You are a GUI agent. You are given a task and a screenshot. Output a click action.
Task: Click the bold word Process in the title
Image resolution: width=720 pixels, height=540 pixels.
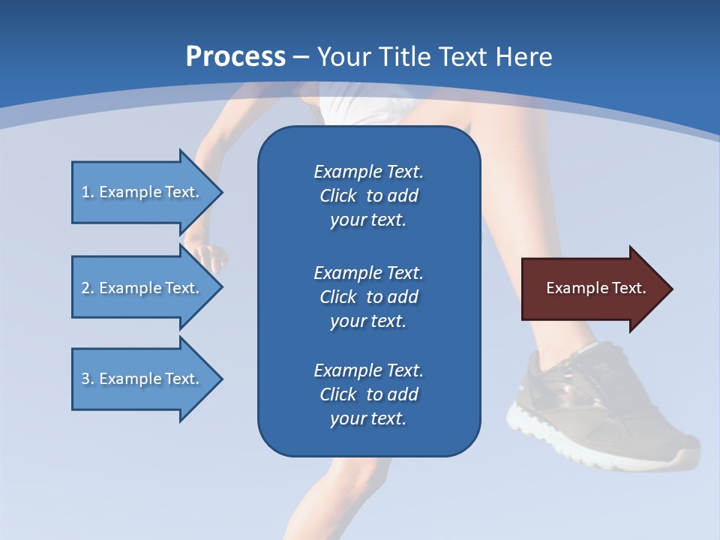[x=235, y=57]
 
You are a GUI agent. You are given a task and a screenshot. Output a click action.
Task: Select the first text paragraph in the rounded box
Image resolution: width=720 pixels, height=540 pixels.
[x=368, y=196]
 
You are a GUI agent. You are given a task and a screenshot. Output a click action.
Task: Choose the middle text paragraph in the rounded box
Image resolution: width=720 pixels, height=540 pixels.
[x=368, y=297]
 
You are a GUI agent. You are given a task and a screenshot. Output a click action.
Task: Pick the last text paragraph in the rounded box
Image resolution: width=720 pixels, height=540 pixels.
[x=368, y=394]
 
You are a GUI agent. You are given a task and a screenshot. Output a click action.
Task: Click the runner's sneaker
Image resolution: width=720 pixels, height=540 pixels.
[x=592, y=397]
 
